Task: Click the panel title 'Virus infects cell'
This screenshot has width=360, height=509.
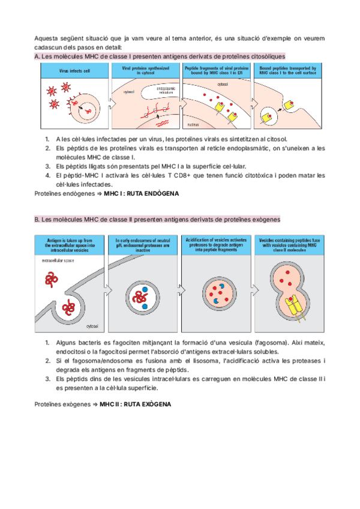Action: pos(74,70)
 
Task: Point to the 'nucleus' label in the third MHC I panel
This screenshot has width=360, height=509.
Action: pos(193,124)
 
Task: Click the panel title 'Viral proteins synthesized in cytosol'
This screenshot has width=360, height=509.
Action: pos(146,70)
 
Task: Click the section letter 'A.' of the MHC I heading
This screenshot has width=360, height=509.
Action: pos(37,56)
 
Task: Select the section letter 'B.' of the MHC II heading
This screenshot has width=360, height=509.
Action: pos(37,220)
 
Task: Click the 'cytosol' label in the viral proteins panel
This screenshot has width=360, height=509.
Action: pos(129,92)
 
